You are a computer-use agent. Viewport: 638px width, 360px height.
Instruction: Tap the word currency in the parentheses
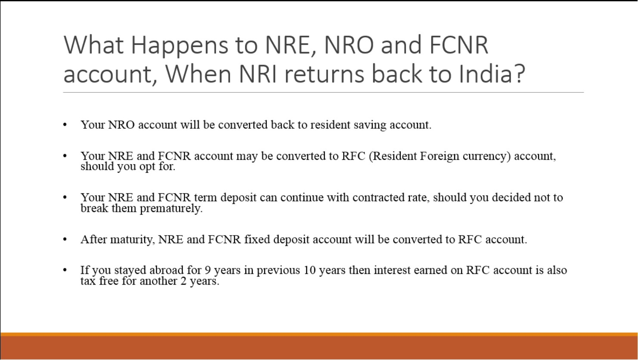tap(486, 156)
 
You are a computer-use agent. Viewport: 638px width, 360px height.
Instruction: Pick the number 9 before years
tap(208, 270)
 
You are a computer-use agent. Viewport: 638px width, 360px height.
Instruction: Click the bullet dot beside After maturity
tap(65, 239)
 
